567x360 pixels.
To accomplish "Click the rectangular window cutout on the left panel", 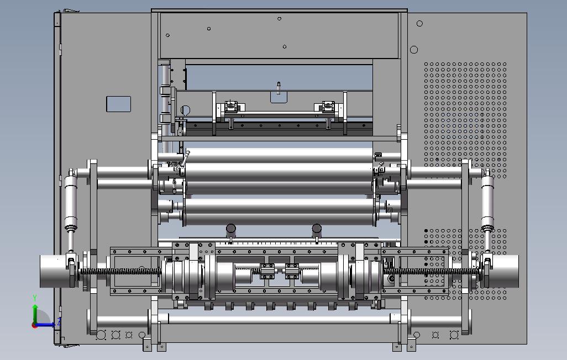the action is [119, 104].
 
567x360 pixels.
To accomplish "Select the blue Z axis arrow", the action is [45, 325].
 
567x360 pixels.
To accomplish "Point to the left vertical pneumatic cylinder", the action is [71, 203].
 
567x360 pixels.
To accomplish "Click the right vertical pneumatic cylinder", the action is [487, 203].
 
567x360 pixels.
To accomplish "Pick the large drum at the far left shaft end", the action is [54, 272].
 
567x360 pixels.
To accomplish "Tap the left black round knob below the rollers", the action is [230, 229].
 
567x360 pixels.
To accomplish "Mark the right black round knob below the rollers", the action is [317, 229].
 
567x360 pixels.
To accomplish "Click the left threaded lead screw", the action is [121, 272].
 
